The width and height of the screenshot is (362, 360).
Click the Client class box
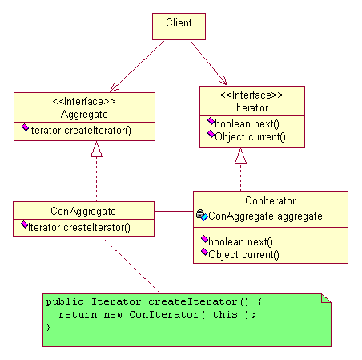179,26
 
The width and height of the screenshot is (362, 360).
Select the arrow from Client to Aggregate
137,67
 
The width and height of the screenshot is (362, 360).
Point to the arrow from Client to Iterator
209,63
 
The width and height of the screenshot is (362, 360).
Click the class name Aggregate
84,115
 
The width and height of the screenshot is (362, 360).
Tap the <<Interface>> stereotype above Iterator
251,95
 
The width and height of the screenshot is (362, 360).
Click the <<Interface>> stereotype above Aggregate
84,102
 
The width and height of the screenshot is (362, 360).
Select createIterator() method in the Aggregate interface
80,131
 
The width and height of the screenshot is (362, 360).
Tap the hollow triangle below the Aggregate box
96,149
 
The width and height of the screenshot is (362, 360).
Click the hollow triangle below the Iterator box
240,156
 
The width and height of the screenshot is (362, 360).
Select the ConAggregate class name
83,211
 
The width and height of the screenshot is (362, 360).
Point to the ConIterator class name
271,200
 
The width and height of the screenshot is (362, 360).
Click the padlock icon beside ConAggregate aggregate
200,213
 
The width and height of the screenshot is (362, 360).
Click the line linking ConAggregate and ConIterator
174,212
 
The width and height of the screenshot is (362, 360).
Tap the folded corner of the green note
326,298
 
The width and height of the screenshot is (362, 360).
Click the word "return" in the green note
78,314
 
